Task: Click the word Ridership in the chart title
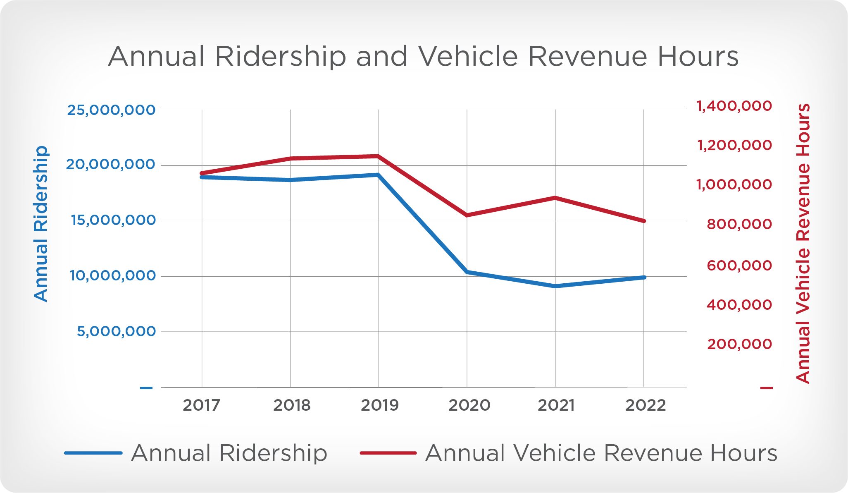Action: click(280, 57)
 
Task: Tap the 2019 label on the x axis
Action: click(379, 405)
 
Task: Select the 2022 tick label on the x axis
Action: click(645, 405)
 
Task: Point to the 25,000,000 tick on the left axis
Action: click(111, 110)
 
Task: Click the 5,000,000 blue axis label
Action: click(116, 331)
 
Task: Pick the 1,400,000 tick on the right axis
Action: click(734, 106)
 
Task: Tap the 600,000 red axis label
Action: click(739, 265)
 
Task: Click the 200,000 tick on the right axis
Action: click(739, 344)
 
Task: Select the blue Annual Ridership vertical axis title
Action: click(41, 223)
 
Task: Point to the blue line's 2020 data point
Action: click(467, 272)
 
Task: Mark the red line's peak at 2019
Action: click(378, 156)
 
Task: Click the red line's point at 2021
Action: click(555, 198)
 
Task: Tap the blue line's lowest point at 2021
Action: click(555, 286)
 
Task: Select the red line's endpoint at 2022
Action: click(644, 221)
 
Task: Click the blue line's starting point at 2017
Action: click(202, 177)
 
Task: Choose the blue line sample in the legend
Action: click(93, 453)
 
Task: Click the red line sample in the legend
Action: click(388, 453)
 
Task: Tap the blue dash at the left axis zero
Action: click(146, 388)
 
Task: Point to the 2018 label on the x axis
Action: click(291, 405)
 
